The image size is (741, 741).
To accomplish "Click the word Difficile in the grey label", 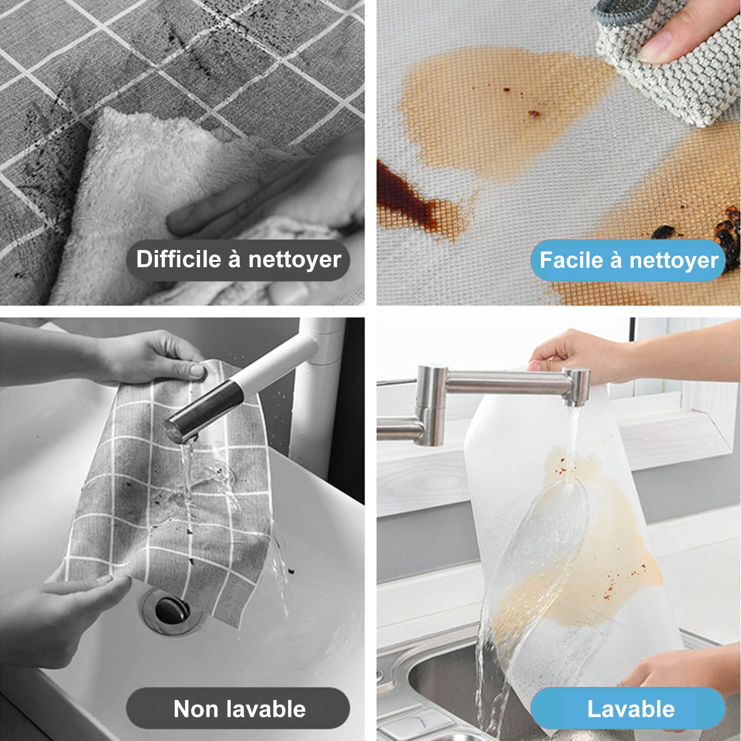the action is click(x=178, y=259).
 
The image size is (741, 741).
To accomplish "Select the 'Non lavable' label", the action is click(x=238, y=708).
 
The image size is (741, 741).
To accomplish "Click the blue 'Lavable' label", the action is click(x=628, y=708).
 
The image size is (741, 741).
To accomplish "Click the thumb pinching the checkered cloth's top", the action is click(x=194, y=369).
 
